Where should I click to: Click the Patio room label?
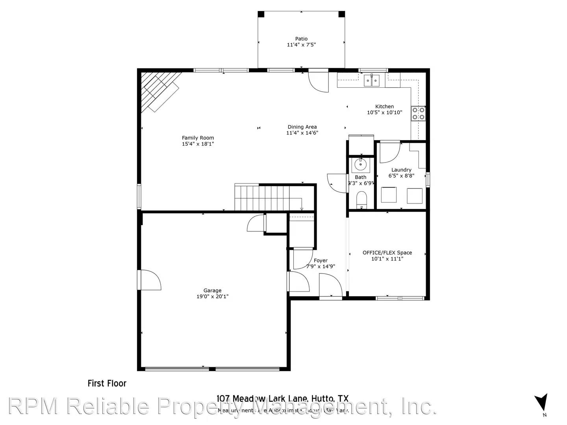tap(301, 39)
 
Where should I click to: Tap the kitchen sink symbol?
tap(371, 81)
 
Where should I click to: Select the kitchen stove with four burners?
tap(418, 113)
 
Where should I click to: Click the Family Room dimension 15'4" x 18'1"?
tap(198, 144)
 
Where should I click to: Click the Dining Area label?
tap(302, 127)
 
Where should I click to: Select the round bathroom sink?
tap(360, 164)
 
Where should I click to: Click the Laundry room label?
tap(401, 170)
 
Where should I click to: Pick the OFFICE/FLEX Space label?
tap(387, 253)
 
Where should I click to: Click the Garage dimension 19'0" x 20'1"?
tap(212, 297)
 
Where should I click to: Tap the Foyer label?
tap(321, 261)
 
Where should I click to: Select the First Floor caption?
tap(107, 383)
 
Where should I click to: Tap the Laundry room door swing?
tap(389, 153)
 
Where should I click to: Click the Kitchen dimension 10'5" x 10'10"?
tap(384, 113)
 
